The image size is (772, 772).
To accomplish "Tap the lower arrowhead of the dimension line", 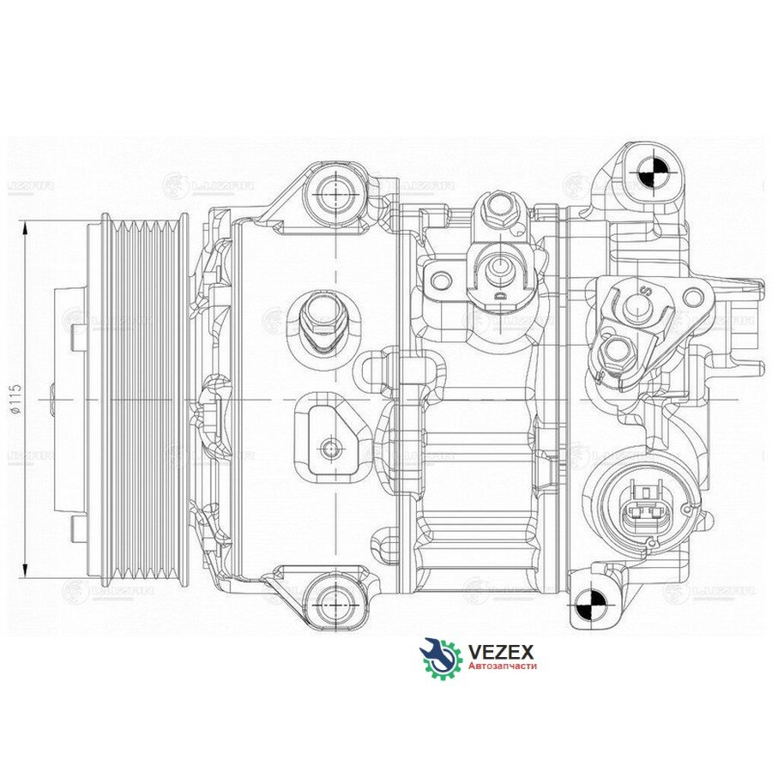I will click(26, 572).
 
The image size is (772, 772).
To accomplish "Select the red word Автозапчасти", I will click(502, 666).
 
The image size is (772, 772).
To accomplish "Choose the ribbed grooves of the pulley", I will click(142, 400).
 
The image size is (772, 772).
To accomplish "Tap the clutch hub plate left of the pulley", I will click(69, 400).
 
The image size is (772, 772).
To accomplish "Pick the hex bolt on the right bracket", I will click(618, 349).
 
